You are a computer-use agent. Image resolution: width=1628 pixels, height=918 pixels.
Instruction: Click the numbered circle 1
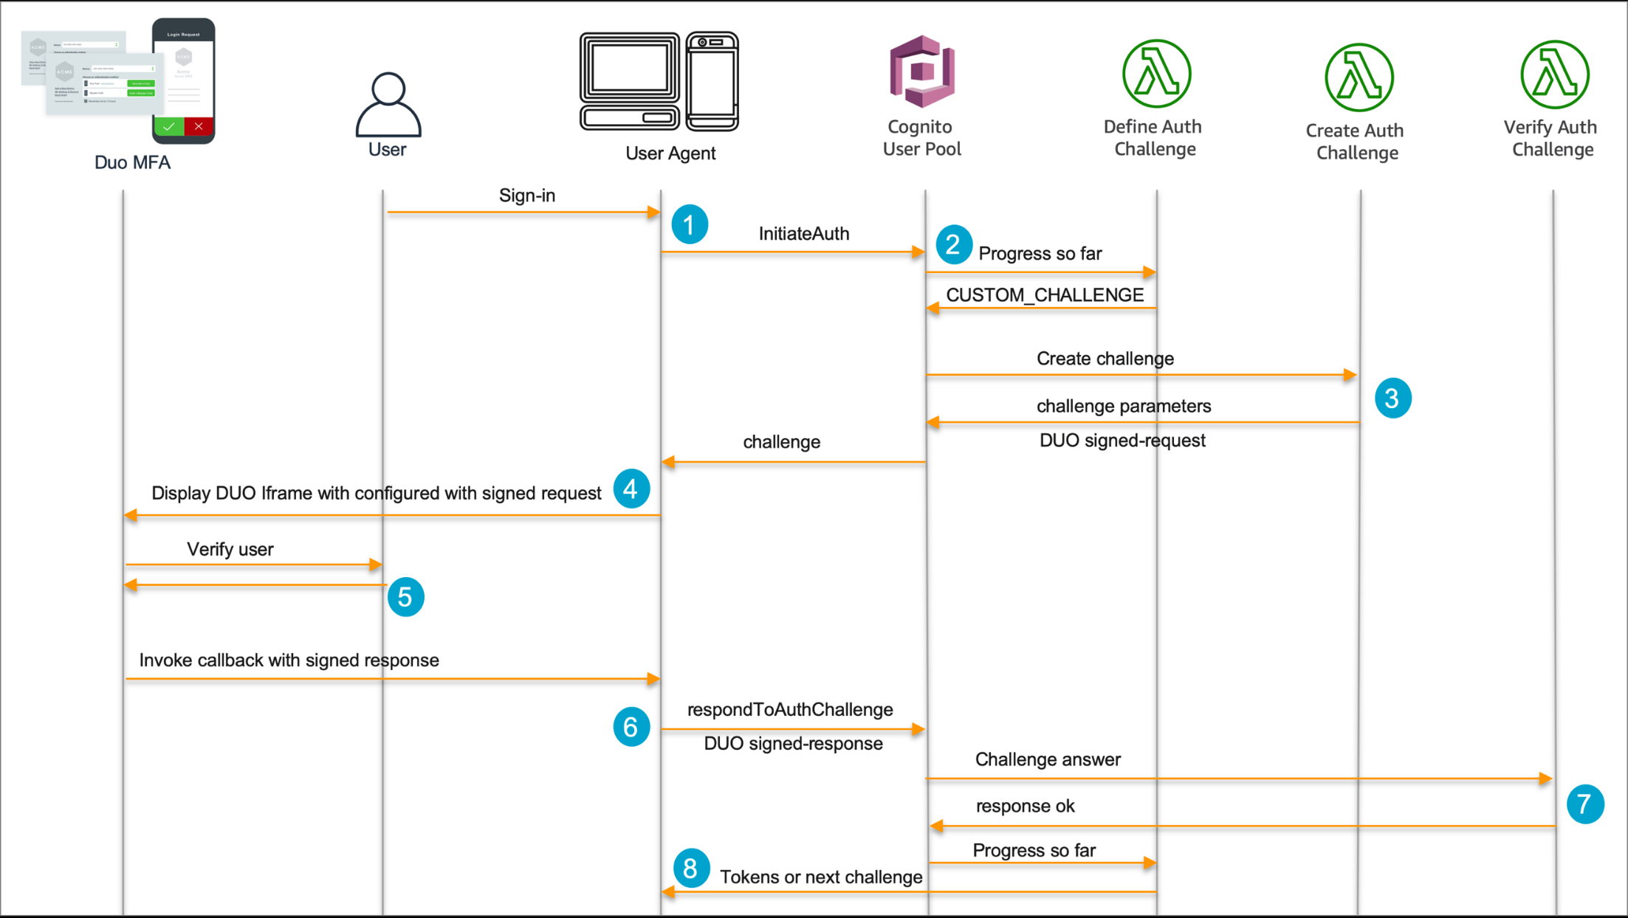[x=690, y=224]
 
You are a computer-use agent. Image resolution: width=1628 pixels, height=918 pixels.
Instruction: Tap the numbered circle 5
[x=405, y=596]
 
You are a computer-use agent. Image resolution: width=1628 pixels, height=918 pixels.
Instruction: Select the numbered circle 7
[x=1584, y=804]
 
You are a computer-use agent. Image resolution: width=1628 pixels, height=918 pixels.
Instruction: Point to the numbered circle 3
[x=1392, y=398]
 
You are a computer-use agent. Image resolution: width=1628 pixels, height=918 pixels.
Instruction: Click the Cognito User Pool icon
[x=922, y=71]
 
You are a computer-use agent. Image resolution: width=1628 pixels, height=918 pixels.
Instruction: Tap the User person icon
[x=388, y=105]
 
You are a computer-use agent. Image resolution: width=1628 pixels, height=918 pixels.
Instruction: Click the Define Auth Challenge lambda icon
[x=1155, y=74]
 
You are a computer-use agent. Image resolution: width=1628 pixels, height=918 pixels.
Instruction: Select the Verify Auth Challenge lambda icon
[x=1554, y=75]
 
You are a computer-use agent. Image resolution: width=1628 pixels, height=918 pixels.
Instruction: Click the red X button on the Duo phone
[x=199, y=127]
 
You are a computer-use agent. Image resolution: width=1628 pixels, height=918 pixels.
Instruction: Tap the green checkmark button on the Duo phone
[x=169, y=127]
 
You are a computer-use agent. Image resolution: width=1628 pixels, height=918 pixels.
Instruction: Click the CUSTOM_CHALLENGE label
[x=1045, y=295]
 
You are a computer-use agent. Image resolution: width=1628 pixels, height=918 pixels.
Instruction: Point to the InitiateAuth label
[x=803, y=234]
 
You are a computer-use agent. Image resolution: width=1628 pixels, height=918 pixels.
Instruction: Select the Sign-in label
[x=526, y=196]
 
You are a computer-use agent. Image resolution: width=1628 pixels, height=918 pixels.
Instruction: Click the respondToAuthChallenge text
[x=789, y=709]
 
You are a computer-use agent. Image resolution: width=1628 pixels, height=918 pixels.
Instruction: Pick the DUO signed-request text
[x=1122, y=441]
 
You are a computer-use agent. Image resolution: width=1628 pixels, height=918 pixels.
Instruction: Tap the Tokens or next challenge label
[x=820, y=877]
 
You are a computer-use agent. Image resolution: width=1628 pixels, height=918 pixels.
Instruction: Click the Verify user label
[x=230, y=549]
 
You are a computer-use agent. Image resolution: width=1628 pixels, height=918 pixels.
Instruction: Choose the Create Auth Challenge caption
[x=1356, y=142]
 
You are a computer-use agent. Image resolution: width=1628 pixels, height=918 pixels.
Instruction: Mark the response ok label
[x=1025, y=806]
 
